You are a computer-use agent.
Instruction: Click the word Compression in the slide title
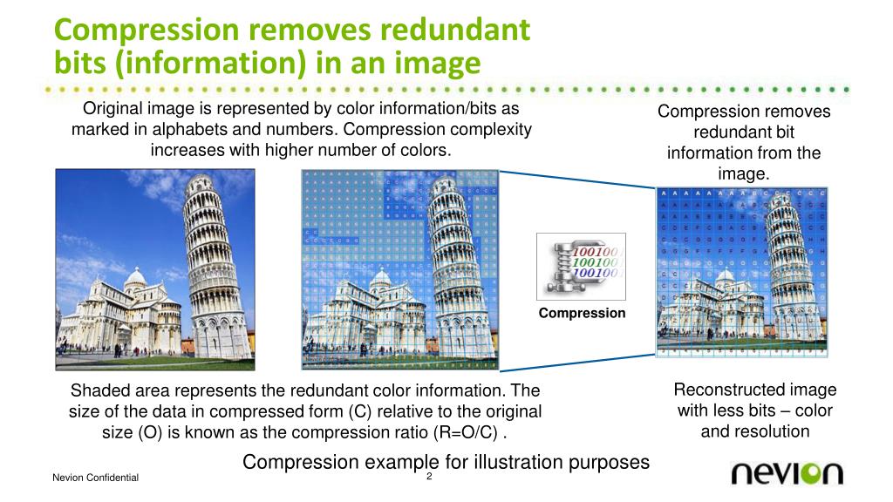pyautogui.click(x=143, y=31)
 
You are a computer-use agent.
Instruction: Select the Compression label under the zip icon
pyautogui.click(x=582, y=313)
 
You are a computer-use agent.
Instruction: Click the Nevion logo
pyautogui.click(x=787, y=473)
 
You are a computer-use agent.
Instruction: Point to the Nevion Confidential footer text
pyautogui.click(x=95, y=478)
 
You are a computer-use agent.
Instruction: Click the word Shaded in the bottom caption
pyautogui.click(x=98, y=390)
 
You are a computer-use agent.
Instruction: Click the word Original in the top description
pyautogui.click(x=112, y=109)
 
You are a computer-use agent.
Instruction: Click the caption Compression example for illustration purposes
pyautogui.click(x=446, y=461)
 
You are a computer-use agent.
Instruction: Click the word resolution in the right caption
pyautogui.click(x=755, y=431)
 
